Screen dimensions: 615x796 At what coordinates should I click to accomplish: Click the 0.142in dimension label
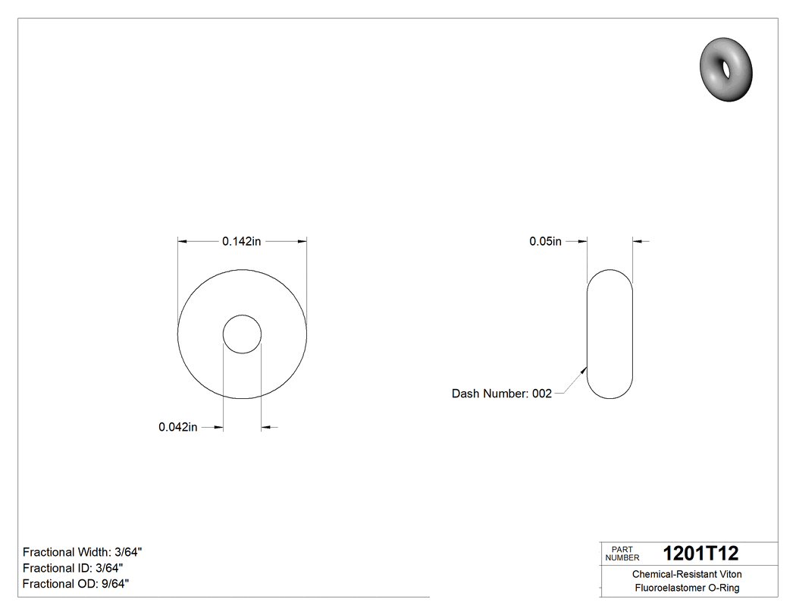(241, 242)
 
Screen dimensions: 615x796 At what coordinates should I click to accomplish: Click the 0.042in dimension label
(178, 428)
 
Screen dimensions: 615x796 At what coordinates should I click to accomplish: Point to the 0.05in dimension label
(545, 242)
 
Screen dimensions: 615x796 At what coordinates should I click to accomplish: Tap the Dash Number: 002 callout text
(501, 394)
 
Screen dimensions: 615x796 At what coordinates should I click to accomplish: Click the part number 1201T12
(700, 554)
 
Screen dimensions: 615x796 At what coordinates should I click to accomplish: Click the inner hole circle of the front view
(242, 334)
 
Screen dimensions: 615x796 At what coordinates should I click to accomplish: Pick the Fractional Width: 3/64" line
(83, 552)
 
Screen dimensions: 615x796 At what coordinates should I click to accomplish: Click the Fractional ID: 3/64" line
(73, 568)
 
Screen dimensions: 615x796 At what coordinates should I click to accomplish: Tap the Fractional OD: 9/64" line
(76, 584)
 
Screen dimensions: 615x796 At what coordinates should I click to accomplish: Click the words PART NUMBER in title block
(622, 554)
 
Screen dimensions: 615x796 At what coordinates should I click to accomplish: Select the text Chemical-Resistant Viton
(687, 574)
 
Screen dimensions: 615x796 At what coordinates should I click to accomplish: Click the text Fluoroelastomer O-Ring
(687, 588)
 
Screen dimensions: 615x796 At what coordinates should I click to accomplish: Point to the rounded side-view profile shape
(610, 334)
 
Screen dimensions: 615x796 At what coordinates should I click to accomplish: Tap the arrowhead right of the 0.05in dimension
(638, 242)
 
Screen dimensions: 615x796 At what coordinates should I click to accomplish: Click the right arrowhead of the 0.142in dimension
(302, 242)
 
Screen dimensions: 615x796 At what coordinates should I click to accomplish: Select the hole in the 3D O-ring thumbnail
(726, 69)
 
